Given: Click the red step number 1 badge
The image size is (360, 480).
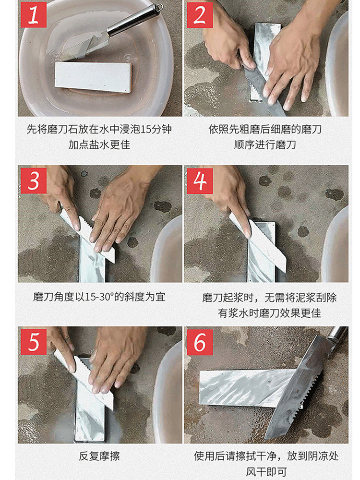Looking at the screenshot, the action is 34,15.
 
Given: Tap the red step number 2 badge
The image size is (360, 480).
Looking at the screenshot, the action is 200,15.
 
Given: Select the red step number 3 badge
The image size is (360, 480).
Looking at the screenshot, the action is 34,180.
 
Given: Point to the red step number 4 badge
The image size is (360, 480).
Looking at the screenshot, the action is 200,180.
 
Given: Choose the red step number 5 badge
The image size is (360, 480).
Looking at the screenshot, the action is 34,342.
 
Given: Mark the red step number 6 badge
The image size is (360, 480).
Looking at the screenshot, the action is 200,342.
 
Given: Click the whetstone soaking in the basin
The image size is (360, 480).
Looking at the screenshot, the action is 94,77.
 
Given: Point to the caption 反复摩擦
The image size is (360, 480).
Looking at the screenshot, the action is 99,456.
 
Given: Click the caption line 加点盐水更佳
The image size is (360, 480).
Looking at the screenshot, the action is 99,144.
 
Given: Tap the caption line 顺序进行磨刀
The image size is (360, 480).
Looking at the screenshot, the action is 265,144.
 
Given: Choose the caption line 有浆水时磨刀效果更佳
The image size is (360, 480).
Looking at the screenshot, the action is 269,313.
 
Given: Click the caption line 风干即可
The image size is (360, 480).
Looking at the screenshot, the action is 266,472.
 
